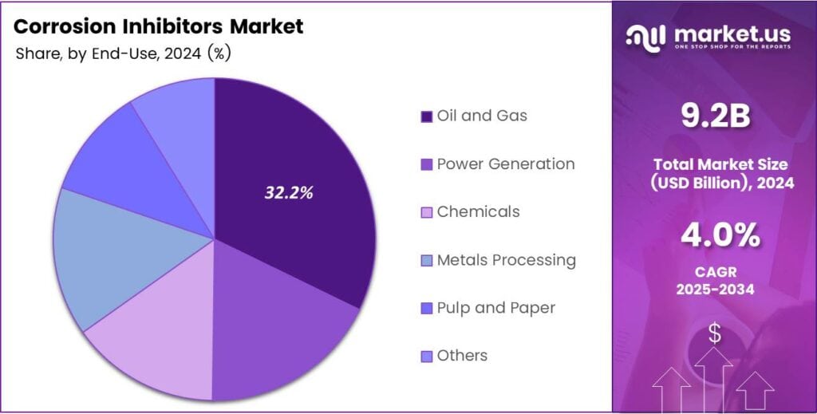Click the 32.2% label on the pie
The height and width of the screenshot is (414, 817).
tap(289, 192)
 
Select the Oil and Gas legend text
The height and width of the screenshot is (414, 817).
tap(482, 116)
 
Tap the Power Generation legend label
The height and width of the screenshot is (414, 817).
tap(505, 164)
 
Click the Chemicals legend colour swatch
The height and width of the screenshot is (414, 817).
tap(427, 212)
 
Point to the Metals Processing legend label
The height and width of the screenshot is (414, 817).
tap(506, 259)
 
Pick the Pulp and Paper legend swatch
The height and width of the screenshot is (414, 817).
tap(427, 308)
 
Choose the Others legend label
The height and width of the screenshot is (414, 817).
tap(462, 355)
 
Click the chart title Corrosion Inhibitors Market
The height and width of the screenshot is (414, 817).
tap(159, 26)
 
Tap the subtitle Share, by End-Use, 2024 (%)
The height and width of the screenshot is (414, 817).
tap(124, 53)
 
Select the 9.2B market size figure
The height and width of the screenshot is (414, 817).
tap(715, 116)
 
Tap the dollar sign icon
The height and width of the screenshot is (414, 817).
tap(715, 334)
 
